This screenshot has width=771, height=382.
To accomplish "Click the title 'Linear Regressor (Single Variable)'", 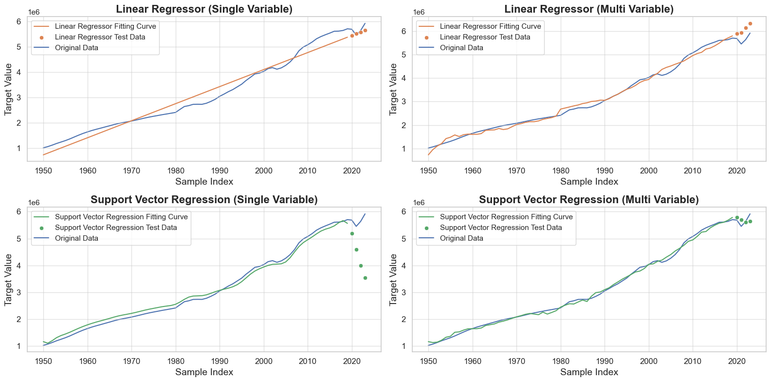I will [204, 9].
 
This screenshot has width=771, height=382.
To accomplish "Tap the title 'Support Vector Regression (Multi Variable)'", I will [589, 200].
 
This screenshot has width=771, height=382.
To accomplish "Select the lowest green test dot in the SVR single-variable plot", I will [365, 278].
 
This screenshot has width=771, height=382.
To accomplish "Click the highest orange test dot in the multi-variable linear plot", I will [750, 23].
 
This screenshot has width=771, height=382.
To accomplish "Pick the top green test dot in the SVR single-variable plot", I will [352, 233].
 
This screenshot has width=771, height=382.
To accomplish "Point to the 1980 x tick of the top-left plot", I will [176, 171].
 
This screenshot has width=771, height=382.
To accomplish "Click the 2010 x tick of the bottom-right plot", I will [693, 361].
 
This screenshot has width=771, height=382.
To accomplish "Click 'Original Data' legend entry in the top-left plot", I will [76, 48].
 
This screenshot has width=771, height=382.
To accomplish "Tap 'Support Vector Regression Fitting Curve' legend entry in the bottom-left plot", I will [121, 217].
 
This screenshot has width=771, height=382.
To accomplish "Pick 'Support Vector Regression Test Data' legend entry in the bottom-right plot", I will [501, 228].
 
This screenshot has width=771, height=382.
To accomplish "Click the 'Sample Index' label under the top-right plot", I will [589, 182].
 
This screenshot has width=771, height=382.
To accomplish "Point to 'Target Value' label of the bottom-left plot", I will [8, 280].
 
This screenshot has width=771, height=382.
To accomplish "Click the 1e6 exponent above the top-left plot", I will [34, 12].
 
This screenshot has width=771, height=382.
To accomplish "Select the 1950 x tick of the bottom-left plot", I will [44, 361].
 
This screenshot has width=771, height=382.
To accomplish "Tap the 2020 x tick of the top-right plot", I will [737, 171].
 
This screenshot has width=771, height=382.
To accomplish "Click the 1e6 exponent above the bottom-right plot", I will [419, 203].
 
